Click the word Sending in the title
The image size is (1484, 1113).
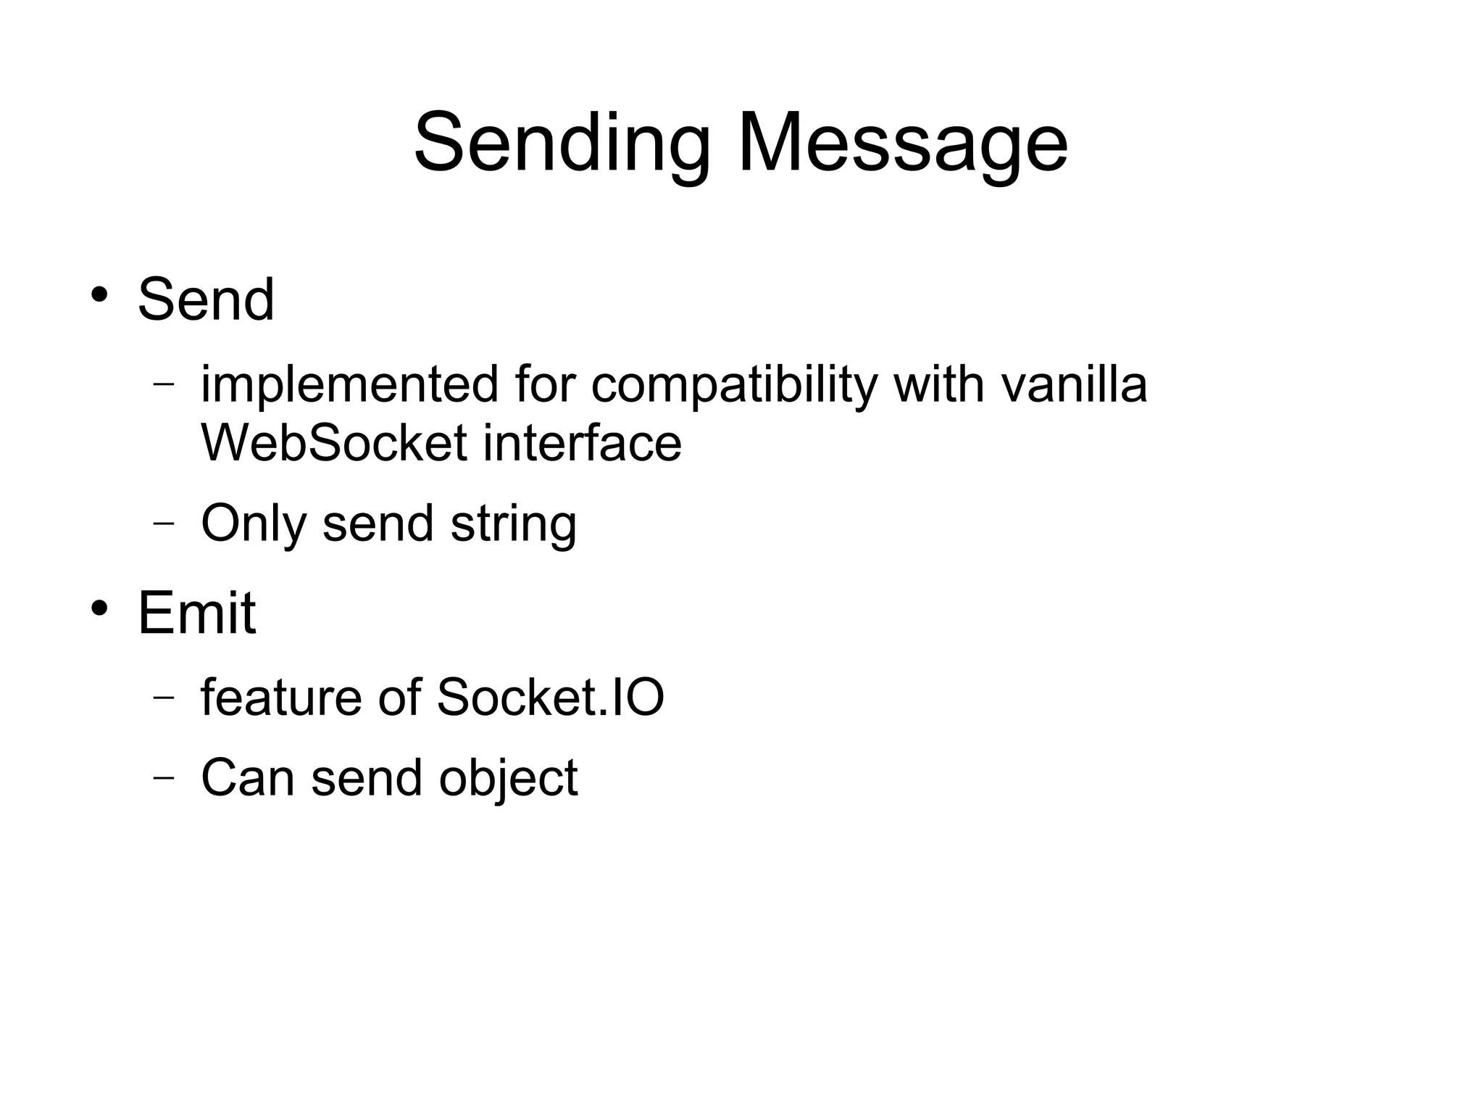click(x=562, y=142)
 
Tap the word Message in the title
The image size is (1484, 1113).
click(x=902, y=142)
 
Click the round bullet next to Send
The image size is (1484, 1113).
click(x=99, y=295)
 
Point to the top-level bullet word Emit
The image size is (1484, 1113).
click(x=196, y=613)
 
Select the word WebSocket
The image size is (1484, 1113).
click(x=333, y=442)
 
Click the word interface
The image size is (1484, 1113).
click(x=583, y=442)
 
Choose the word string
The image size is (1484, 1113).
click(x=514, y=524)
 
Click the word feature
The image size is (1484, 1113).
click(x=281, y=698)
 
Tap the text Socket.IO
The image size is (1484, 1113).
click(x=551, y=698)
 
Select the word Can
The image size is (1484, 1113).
click(x=248, y=778)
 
